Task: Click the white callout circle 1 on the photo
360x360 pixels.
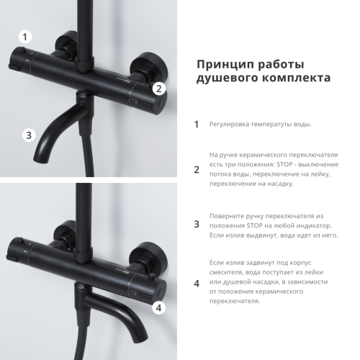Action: (26, 37)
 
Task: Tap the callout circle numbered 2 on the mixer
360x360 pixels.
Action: (160, 89)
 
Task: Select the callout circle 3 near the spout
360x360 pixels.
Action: (28, 135)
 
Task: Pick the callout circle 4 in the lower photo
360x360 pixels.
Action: (159, 307)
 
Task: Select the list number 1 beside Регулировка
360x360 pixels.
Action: (197, 124)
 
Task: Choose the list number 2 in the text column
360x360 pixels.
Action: (197, 170)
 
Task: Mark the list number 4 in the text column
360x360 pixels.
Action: (197, 283)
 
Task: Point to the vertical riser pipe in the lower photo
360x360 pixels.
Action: (86, 209)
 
